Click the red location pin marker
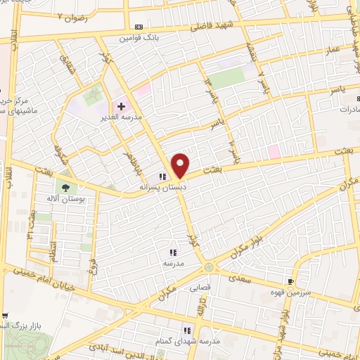click(181, 166)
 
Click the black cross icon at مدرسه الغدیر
click(121, 106)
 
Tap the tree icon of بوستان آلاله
click(65, 188)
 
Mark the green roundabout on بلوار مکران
click(209, 267)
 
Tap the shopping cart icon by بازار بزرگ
click(4, 316)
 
